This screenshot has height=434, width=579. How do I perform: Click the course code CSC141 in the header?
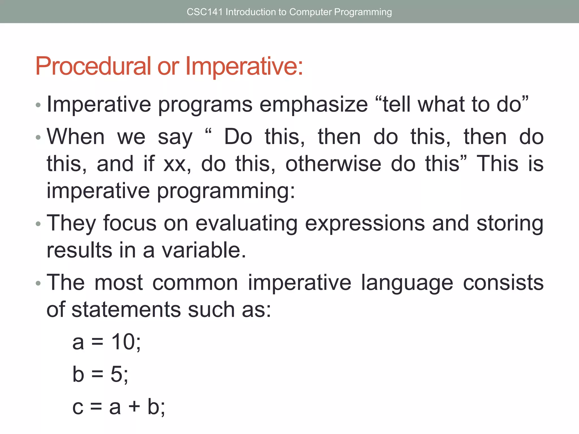tap(204, 12)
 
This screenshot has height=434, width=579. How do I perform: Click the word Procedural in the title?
tap(93, 66)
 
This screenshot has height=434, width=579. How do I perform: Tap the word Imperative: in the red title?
tap(244, 66)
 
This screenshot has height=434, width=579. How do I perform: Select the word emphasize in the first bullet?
tap(314, 105)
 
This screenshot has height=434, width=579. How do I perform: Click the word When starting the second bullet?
tap(76, 137)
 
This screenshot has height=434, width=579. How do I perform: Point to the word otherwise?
tap(333, 164)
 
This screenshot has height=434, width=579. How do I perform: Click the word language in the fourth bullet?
tap(407, 283)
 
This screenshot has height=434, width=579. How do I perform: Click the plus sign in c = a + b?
tap(134, 407)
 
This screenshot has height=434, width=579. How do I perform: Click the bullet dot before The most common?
tap(38, 283)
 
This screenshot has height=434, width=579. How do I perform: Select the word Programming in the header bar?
tap(363, 12)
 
